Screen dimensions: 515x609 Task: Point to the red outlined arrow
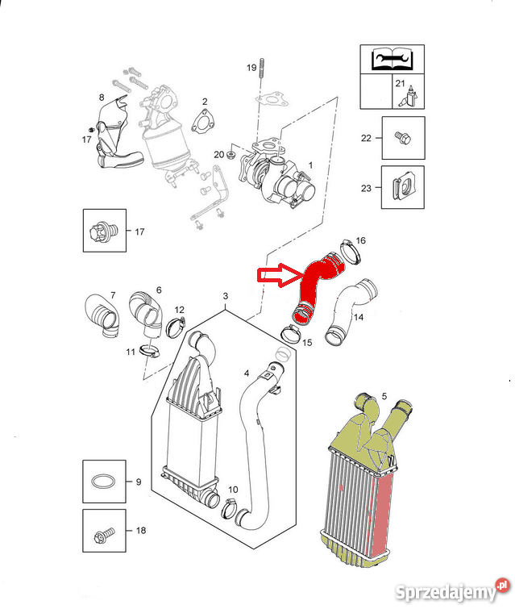click(x=280, y=275)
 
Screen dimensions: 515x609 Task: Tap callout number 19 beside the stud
click(x=251, y=68)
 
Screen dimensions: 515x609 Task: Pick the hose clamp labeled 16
click(x=351, y=252)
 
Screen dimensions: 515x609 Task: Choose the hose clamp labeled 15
click(x=291, y=333)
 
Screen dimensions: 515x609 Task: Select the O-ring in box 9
click(x=104, y=482)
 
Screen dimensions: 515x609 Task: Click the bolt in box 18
click(x=104, y=535)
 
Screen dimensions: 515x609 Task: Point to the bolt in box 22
click(x=402, y=137)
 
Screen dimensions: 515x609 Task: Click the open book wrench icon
click(x=392, y=59)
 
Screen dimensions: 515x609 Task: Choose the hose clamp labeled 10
click(x=231, y=509)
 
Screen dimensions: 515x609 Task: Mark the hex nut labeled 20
click(x=231, y=156)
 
